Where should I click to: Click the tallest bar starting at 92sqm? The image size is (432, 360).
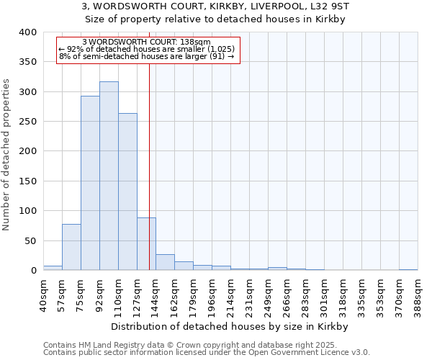coord(109,176)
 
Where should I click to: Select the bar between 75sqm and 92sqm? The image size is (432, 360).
coord(90,183)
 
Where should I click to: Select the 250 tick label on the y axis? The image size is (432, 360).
coord(26,122)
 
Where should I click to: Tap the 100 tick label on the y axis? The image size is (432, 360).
coord(26,211)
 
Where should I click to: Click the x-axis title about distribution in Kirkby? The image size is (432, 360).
coord(230,326)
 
